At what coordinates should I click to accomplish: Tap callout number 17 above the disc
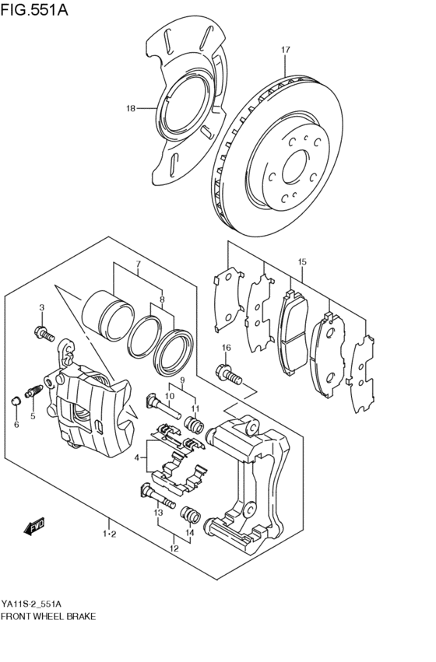pos(285,50)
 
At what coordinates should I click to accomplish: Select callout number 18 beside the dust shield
pos(131,108)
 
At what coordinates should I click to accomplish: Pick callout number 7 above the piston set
pos(137,263)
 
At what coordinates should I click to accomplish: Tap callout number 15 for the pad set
pos(302,261)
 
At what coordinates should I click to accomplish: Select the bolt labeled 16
pos(229,373)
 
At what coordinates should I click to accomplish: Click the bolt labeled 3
pos(44,334)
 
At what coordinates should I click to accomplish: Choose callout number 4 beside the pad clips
pos(137,457)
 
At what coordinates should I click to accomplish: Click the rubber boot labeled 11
pos(195,425)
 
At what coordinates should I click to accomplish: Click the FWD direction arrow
pos(33,528)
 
